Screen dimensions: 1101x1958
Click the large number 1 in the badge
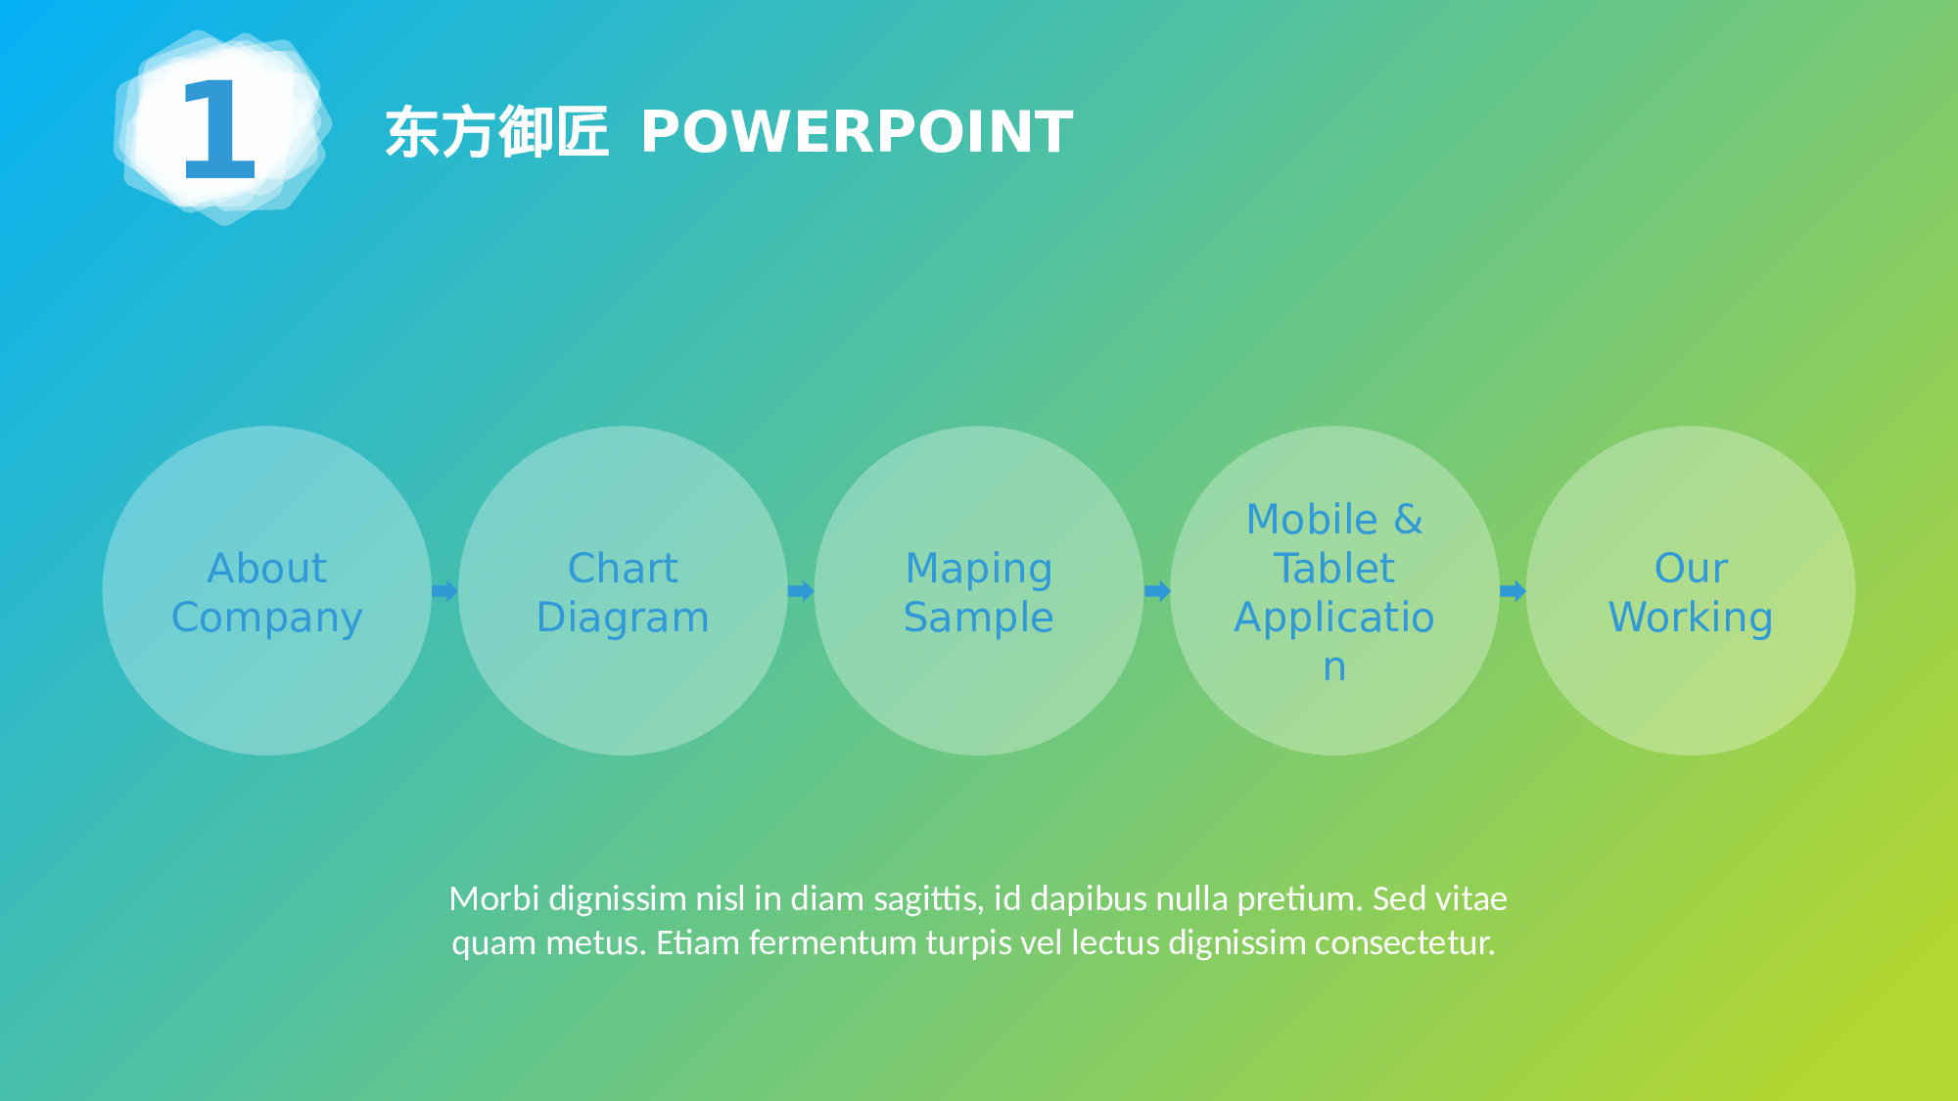coord(219,129)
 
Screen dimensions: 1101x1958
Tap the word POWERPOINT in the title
coord(857,131)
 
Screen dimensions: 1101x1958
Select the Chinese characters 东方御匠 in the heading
coord(496,132)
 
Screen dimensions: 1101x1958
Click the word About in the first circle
coord(267,569)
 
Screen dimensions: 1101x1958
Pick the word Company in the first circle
coord(267,618)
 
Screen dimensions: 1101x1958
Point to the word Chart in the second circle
coord(623,569)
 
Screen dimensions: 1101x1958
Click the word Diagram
coord(623,618)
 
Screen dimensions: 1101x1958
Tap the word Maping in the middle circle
coord(979,569)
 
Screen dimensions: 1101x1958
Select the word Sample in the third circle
coord(979,618)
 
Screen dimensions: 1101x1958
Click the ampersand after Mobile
coord(1408,520)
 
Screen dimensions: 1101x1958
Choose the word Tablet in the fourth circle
coord(1334,569)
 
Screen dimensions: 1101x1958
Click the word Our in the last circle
coord(1691,569)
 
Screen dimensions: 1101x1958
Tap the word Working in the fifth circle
coord(1691,618)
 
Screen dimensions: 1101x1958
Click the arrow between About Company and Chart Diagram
coord(444,591)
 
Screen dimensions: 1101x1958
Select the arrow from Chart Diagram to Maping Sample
coord(801,591)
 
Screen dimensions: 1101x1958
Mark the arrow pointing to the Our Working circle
coord(1513,591)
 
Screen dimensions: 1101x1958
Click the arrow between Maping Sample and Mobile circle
coord(1157,591)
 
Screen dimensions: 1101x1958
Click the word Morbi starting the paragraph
coord(493,898)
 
